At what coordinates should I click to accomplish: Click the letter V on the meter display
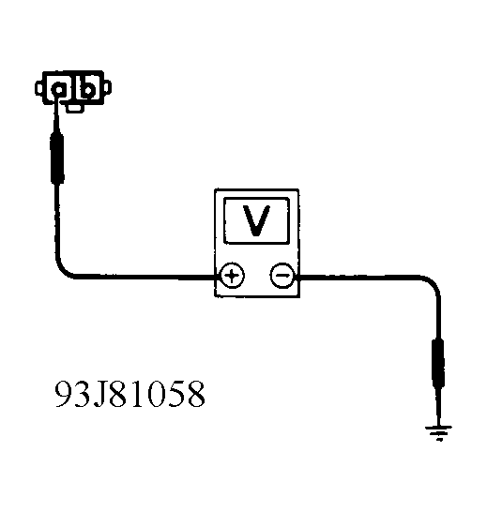256,220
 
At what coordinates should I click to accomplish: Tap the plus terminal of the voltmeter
232,276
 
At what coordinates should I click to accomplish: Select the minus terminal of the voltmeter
282,276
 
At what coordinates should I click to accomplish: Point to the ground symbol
438,433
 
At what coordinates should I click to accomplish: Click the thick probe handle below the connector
57,158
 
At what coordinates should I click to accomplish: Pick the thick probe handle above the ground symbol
438,363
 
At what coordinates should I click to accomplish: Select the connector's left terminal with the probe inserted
59,89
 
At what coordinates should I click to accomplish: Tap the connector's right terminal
87,88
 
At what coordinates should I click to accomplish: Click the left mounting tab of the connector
38,88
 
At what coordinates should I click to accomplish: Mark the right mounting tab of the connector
107,87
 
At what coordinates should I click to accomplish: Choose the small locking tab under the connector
74,108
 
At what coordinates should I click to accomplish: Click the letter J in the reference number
100,394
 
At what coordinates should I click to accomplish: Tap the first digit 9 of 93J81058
64,394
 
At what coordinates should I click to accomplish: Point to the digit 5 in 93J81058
176,394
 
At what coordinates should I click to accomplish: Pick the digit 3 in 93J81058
82,394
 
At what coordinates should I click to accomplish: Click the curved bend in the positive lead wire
62,269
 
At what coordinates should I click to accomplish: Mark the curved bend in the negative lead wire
434,283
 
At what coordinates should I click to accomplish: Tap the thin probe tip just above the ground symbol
438,407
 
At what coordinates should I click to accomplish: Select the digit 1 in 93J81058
138,394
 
